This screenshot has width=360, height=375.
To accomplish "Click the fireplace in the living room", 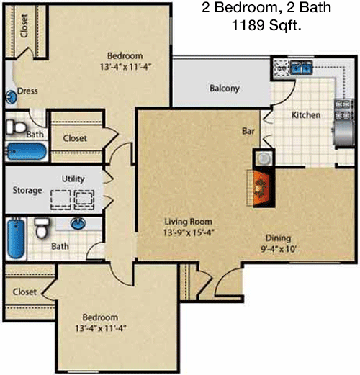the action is pos(261,188).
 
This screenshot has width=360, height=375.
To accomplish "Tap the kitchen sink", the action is pos(301,67).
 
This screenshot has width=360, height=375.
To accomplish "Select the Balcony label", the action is pos(225,89).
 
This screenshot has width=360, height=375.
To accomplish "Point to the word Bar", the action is pos(248,131).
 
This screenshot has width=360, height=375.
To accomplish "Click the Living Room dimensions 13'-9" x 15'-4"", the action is pos(189,232).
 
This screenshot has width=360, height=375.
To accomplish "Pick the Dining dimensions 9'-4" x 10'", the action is pos(279,249).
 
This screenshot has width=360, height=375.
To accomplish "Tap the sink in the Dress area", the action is pos(11,97).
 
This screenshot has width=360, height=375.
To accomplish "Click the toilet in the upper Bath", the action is pos(16,127).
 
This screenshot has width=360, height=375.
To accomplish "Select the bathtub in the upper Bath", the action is pos(26,151).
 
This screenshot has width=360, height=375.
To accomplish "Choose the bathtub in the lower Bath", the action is pos(16,238).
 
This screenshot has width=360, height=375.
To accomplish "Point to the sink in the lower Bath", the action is pos(78,223).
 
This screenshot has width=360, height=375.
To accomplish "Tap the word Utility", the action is pos(73,179).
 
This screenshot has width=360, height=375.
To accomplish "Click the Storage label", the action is pos(27,190).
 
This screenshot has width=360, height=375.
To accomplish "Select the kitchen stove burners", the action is pos(344,109).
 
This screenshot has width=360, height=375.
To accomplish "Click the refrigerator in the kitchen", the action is pos(343,133).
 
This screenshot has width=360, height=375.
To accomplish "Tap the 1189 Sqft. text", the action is pos(266,25).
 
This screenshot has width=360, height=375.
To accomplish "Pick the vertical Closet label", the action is pos(24,26).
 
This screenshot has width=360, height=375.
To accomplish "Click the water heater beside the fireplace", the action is pos(264,158).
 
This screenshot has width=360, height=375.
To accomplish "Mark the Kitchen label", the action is pos(306,115).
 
